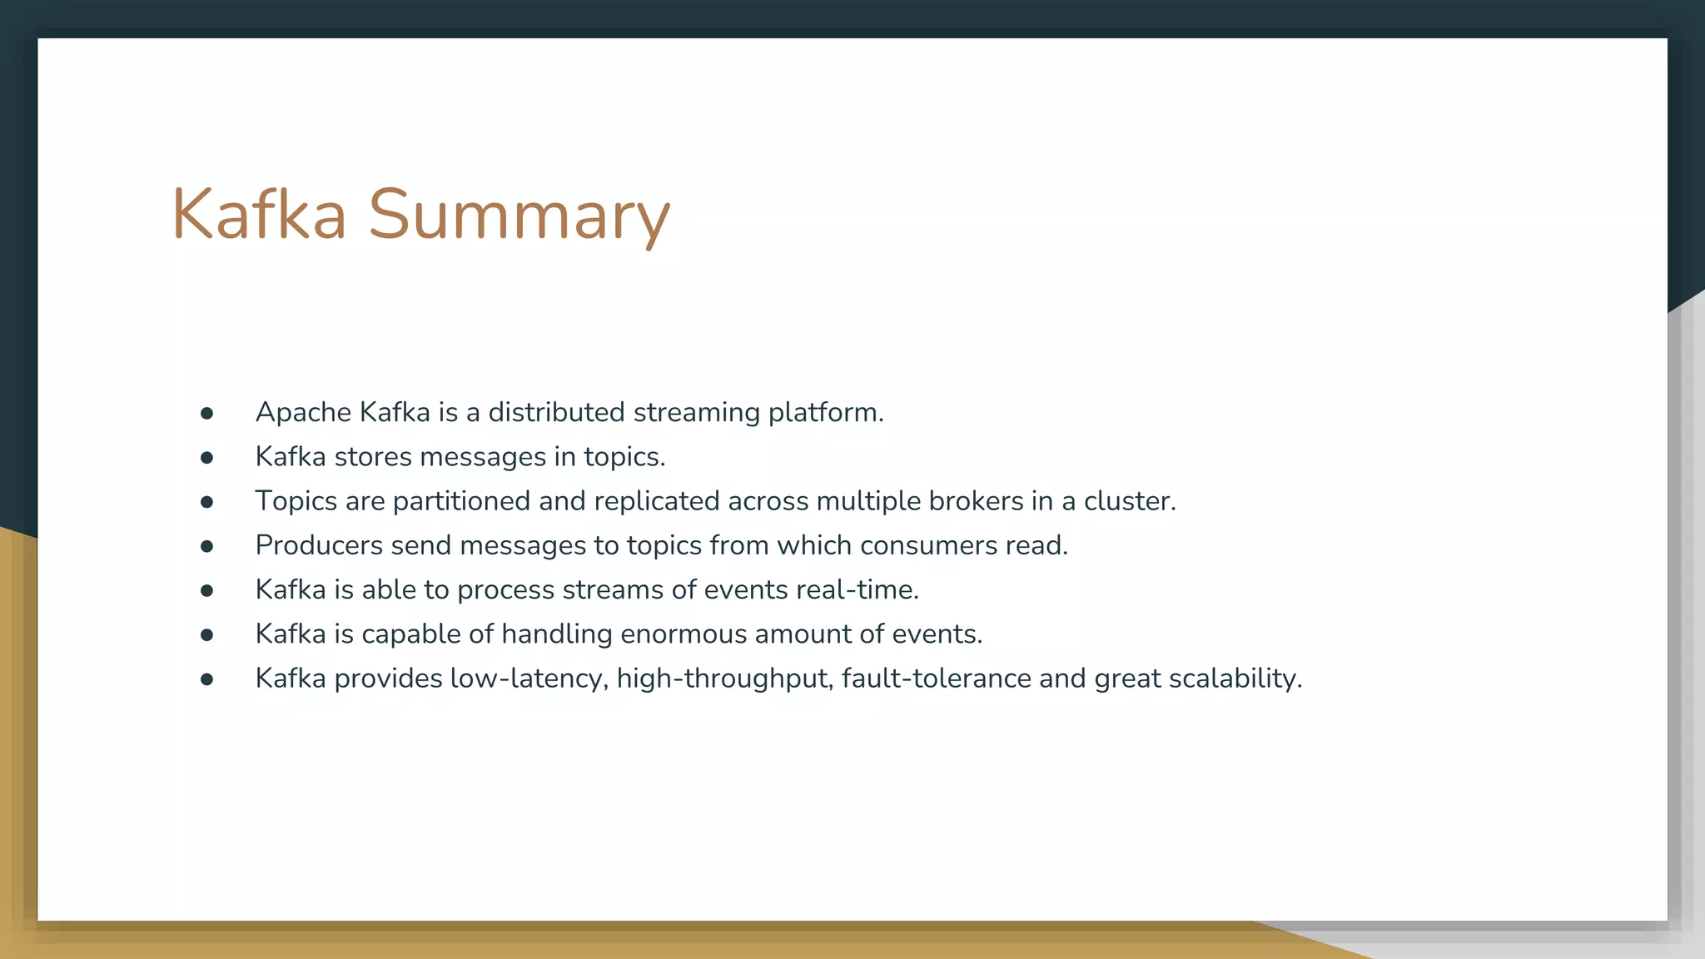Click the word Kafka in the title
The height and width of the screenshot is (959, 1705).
tap(259, 215)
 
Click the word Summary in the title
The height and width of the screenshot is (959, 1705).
tap(519, 216)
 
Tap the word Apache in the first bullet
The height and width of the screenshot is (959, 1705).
tap(303, 413)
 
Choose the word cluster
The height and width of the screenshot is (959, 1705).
tap(1129, 501)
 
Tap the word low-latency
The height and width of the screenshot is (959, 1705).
tap(529, 678)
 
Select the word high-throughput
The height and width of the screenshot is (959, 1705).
tap(724, 678)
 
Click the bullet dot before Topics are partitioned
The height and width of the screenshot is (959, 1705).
tap(207, 502)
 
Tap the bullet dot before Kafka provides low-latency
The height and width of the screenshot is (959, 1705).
tap(207, 679)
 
